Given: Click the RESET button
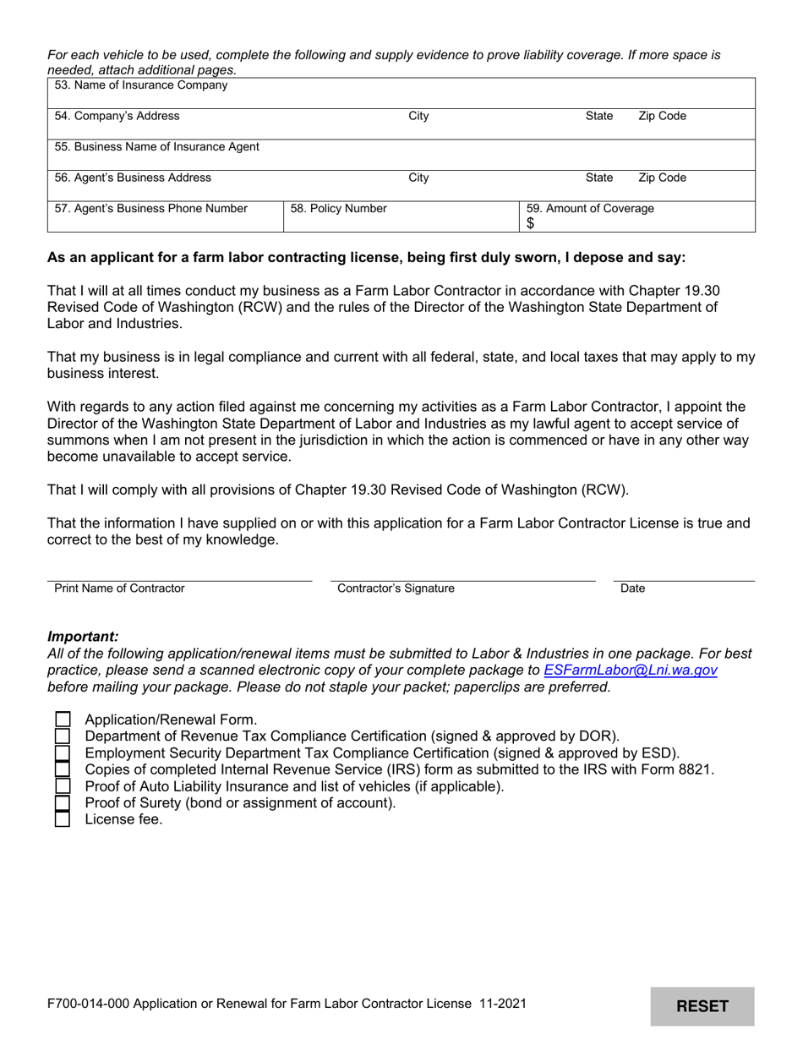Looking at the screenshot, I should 702,1006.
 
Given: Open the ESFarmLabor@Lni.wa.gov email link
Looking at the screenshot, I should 631,670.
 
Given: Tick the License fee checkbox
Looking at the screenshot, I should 63,819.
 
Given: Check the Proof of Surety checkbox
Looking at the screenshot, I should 63,802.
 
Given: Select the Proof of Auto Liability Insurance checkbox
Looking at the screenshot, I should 63,786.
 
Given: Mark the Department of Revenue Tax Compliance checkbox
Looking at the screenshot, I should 63,736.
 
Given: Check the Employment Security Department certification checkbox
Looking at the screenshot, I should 63,753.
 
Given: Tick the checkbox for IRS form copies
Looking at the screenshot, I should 63,769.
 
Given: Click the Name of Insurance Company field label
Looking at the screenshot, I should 140,85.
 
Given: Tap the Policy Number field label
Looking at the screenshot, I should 338,208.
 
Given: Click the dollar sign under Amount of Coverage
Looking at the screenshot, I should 531,224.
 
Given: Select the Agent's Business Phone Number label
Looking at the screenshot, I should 151,208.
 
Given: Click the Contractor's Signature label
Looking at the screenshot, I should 396,588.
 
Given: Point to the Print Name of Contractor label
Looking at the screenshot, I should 119,588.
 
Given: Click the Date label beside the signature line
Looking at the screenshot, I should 632,588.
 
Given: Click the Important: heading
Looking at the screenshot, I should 83,637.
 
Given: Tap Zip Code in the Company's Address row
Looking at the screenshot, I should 662,116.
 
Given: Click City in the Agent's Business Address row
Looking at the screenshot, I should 418,178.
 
